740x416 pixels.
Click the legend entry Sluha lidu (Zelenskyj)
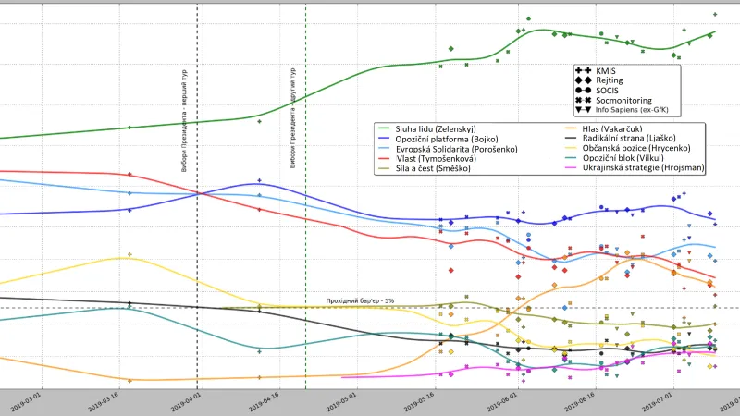coord(434,128)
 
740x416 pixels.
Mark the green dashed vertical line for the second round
coord(305,231)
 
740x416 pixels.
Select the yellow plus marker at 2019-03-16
coord(129,254)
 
